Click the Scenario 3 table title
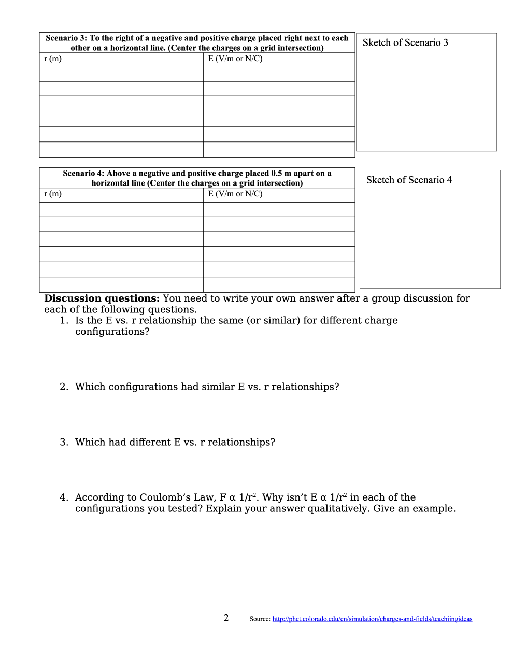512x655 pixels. (x=197, y=43)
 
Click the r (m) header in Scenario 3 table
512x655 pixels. (x=53, y=59)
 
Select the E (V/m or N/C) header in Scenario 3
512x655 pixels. (x=235, y=59)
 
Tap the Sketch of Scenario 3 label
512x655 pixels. (x=405, y=42)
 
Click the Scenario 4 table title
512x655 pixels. (x=197, y=178)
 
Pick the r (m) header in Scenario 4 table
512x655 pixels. (x=53, y=194)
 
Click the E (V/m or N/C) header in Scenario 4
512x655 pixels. (x=235, y=194)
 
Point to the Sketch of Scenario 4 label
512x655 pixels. (x=409, y=180)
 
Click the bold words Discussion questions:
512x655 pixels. (x=102, y=298)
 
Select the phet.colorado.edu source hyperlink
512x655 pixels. (x=372, y=619)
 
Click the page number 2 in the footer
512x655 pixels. (x=226, y=618)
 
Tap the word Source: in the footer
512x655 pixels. (x=260, y=619)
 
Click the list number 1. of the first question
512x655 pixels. (x=64, y=320)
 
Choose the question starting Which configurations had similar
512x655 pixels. (x=207, y=387)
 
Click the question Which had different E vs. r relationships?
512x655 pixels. (x=175, y=442)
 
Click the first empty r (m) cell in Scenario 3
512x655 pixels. (x=121, y=74)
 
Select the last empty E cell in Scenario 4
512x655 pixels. (x=279, y=284)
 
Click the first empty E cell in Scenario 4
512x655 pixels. (x=279, y=209)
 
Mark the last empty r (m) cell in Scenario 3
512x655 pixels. (x=121, y=149)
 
